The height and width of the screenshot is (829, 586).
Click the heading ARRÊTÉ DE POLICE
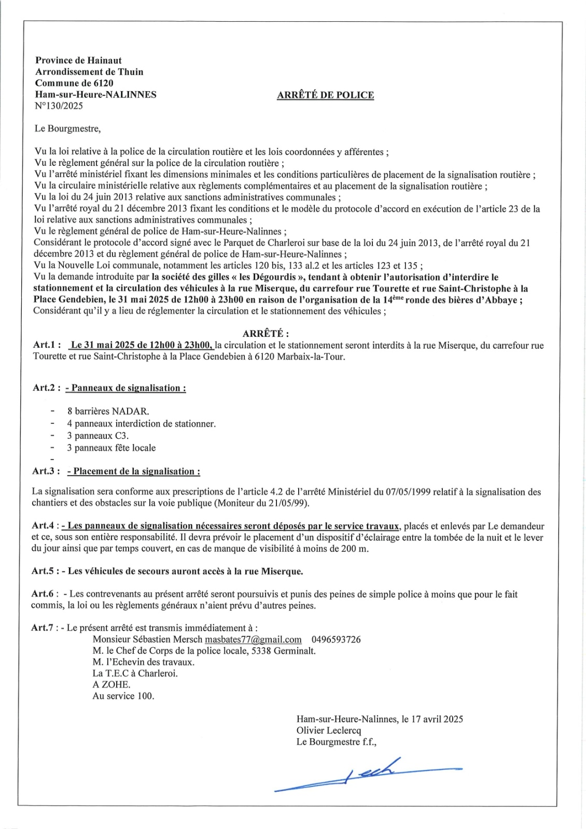(x=325, y=95)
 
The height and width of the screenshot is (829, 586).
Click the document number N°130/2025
(x=59, y=106)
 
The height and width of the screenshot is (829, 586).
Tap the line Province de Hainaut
(x=78, y=61)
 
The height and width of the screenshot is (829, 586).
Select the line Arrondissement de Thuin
(x=89, y=72)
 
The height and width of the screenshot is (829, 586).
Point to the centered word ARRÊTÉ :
(x=266, y=334)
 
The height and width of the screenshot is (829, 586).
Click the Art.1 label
(x=47, y=345)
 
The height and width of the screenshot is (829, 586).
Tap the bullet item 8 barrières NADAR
(x=108, y=411)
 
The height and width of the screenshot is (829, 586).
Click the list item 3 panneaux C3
(x=97, y=436)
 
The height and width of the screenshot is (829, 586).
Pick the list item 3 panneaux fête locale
(x=111, y=448)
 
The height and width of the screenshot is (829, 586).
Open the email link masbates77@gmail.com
(x=253, y=639)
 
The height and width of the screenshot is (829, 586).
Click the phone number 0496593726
(x=336, y=639)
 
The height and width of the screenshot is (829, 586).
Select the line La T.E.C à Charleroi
(x=135, y=674)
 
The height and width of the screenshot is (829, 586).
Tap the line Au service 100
(x=123, y=696)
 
